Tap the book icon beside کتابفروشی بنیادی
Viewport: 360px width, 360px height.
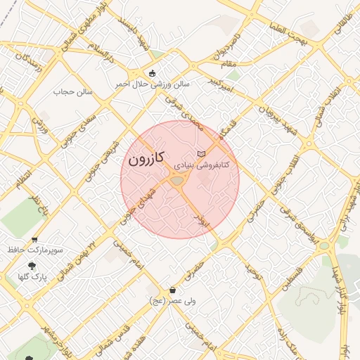[x=202, y=153]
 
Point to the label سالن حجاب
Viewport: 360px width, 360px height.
[x=74, y=91]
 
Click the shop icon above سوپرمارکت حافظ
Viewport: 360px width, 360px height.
[x=34, y=240]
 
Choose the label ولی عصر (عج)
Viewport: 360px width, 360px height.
[x=172, y=301]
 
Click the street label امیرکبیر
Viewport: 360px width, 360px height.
[x=219, y=85]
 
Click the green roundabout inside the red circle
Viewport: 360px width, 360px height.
[x=176, y=181]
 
